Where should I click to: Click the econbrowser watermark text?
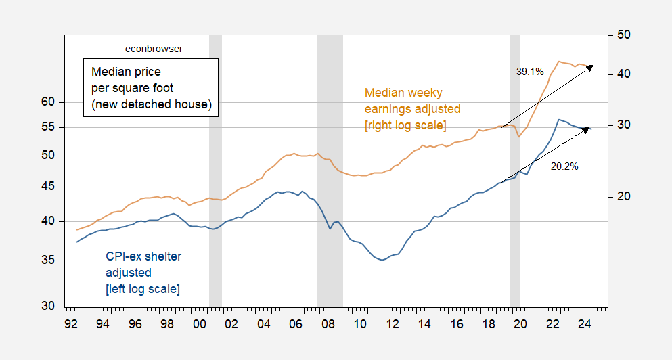(x=154, y=49)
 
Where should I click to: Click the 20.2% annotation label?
(x=564, y=166)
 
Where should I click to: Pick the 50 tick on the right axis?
(x=624, y=35)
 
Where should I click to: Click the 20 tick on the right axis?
(x=624, y=197)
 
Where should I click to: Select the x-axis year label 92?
(x=70, y=323)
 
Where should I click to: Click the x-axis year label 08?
(x=328, y=323)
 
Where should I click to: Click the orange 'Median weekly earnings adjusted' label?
(x=412, y=108)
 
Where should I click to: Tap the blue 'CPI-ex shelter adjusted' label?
(x=143, y=273)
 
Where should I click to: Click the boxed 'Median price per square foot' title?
(x=151, y=87)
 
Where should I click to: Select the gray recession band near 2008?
(x=330, y=169)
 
